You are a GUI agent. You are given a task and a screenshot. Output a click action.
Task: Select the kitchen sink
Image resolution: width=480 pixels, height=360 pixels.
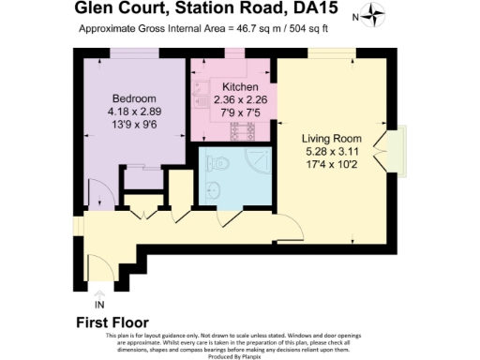(x=202, y=92)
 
